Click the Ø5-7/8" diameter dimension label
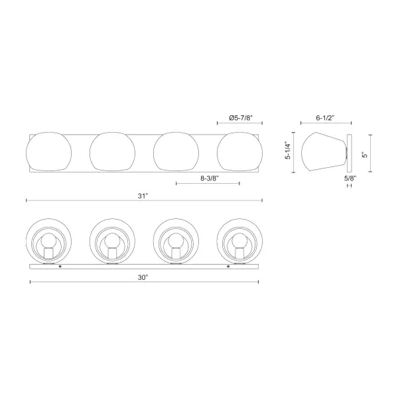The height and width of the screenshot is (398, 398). [239, 117]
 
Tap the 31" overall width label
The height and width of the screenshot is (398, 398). [143, 195]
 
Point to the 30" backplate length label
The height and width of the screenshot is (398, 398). [144, 277]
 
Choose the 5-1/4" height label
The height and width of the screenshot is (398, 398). [289, 152]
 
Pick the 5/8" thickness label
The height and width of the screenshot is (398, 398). [349, 177]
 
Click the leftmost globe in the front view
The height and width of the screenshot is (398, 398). [48, 152]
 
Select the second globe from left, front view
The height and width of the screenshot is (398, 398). [112, 152]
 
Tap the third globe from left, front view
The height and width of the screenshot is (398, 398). [176, 152]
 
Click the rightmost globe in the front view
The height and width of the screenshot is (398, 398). [240, 152]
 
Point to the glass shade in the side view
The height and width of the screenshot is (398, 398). [322, 152]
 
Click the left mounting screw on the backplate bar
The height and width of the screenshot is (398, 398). [60, 267]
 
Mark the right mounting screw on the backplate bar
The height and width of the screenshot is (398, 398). [228, 267]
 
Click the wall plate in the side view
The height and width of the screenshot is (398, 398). [349, 152]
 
